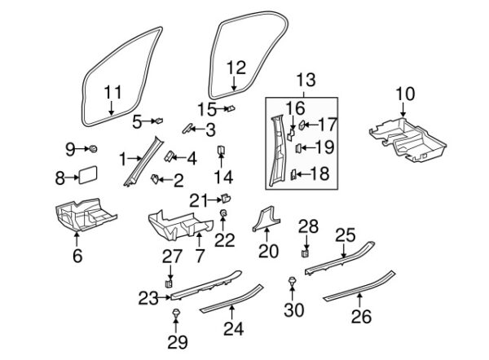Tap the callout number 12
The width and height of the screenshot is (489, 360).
pyautogui.click(x=235, y=67)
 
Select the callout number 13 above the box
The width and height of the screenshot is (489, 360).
pyautogui.click(x=304, y=80)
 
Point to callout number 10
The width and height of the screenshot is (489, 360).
pyautogui.click(x=405, y=94)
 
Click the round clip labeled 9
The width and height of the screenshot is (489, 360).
pyautogui.click(x=94, y=148)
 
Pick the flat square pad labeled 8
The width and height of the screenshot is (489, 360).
pyautogui.click(x=88, y=178)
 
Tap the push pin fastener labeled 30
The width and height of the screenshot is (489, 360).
pyautogui.click(x=292, y=281)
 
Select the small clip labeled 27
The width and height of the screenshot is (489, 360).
pyautogui.click(x=169, y=283)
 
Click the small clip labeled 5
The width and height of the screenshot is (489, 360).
pyautogui.click(x=158, y=120)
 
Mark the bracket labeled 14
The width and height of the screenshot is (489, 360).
pyautogui.click(x=222, y=151)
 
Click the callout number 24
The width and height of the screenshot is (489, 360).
pyautogui.click(x=234, y=328)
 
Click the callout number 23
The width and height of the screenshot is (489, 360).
pyautogui.click(x=147, y=298)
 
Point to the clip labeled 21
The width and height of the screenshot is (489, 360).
pyautogui.click(x=225, y=197)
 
